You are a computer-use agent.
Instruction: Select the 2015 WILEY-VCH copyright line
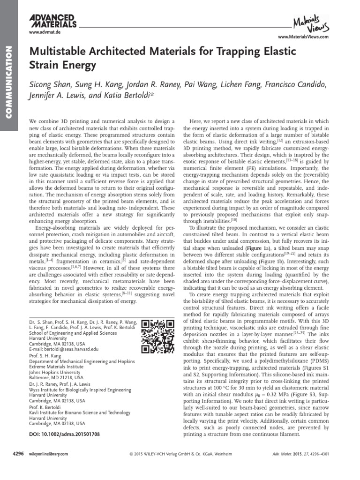click(177, 454)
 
